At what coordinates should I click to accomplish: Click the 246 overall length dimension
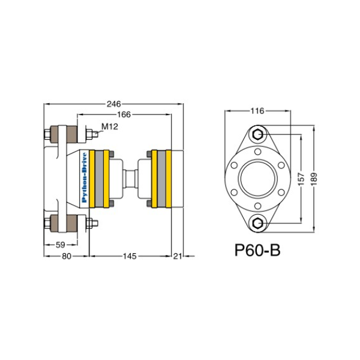[x=113, y=104]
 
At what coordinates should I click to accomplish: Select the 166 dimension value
[x=124, y=115]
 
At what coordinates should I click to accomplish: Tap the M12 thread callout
[x=110, y=126]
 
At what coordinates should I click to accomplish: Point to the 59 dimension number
[x=61, y=245]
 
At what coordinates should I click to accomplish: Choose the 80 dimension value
[x=67, y=256]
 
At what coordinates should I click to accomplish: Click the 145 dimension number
[x=130, y=256]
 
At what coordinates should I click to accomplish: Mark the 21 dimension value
[x=178, y=256]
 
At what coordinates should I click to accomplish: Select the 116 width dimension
[x=257, y=111]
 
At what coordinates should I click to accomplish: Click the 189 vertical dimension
[x=314, y=179]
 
